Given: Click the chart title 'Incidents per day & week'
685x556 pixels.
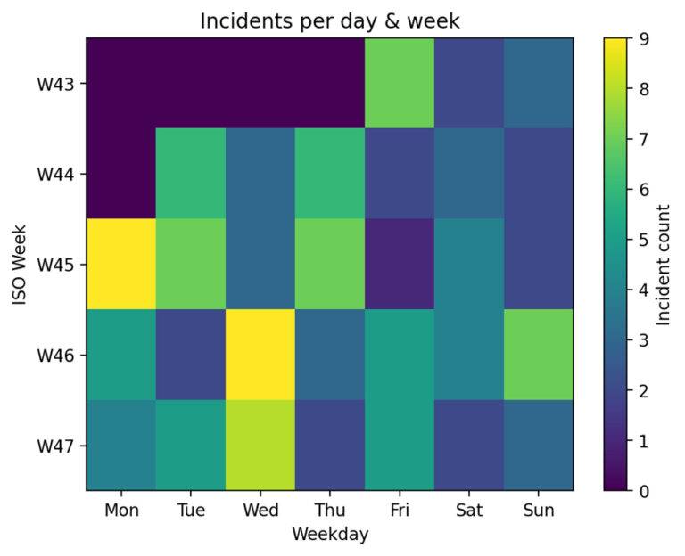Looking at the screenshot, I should (x=328, y=20).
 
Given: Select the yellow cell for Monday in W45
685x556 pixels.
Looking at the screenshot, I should (x=121, y=264).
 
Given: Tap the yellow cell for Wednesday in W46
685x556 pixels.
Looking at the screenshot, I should (x=260, y=355).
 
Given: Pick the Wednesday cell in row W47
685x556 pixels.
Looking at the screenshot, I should (x=260, y=445).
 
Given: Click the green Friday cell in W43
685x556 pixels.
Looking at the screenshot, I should (x=399, y=83).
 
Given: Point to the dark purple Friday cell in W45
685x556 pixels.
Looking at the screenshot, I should (x=399, y=264).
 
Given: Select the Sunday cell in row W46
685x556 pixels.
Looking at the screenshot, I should (x=537, y=355).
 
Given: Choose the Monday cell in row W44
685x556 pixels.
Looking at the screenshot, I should (x=121, y=173).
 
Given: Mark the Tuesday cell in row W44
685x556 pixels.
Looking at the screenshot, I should (x=191, y=173).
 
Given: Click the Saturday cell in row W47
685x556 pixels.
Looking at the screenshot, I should (x=467, y=445).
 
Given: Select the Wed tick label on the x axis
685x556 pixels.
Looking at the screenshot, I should (x=260, y=510).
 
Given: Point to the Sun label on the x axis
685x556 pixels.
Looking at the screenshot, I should (x=537, y=510).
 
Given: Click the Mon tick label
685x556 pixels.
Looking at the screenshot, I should (x=121, y=510).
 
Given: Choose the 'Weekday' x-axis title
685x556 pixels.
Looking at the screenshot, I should (x=328, y=534).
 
